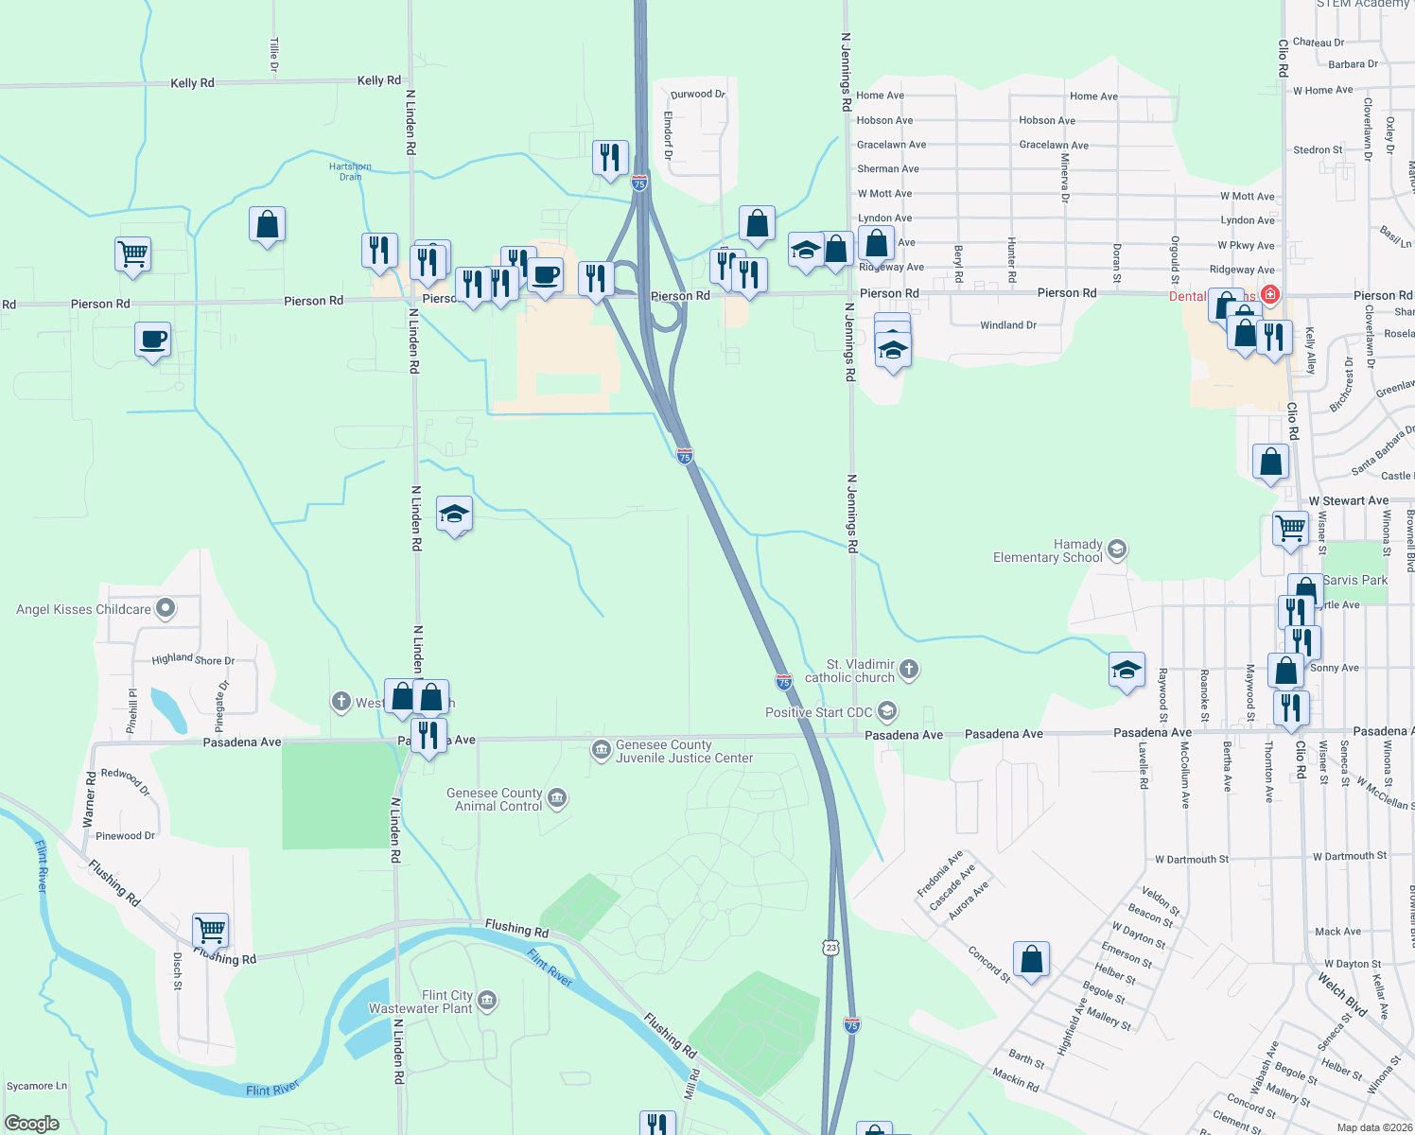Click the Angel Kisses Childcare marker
tap(166, 608)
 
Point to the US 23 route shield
tap(830, 947)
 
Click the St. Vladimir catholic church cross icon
tap(908, 670)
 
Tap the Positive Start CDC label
tap(818, 712)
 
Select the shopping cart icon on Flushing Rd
tap(210, 929)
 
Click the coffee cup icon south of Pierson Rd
tap(152, 340)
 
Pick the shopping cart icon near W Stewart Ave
tap(1290, 527)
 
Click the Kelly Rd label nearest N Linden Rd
tap(378, 80)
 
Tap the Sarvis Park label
tap(1355, 580)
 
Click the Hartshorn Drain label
tap(350, 171)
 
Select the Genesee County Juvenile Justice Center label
tap(684, 751)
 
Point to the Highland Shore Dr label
tap(193, 659)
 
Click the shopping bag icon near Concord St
tap(1031, 959)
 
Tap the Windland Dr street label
tap(1008, 325)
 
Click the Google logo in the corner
tap(31, 1124)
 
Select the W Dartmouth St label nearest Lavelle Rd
tap(1191, 860)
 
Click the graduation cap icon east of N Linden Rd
tap(454, 514)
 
